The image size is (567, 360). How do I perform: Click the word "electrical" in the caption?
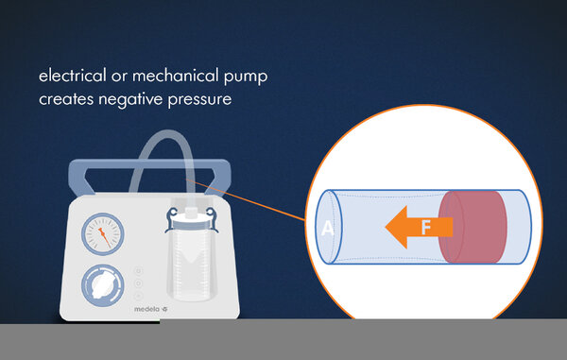click(73, 76)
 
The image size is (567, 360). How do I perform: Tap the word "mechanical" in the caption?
click(176, 76)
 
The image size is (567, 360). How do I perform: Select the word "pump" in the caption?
click(246, 77)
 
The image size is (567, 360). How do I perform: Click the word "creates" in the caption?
click(66, 99)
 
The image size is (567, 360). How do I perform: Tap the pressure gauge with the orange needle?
click(103, 233)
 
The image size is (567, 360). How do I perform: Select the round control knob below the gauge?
click(103, 285)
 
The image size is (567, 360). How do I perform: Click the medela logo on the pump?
click(151, 309)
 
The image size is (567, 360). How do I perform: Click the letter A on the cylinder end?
click(328, 228)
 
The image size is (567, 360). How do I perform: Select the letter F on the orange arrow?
click(426, 228)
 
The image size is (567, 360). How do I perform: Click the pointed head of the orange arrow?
click(387, 227)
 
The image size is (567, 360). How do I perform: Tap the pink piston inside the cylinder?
click(473, 227)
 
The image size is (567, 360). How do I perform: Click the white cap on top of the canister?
click(191, 212)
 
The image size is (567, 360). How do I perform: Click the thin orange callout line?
click(245, 199)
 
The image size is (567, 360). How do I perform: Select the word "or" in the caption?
click(119, 77)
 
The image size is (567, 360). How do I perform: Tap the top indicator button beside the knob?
click(139, 271)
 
